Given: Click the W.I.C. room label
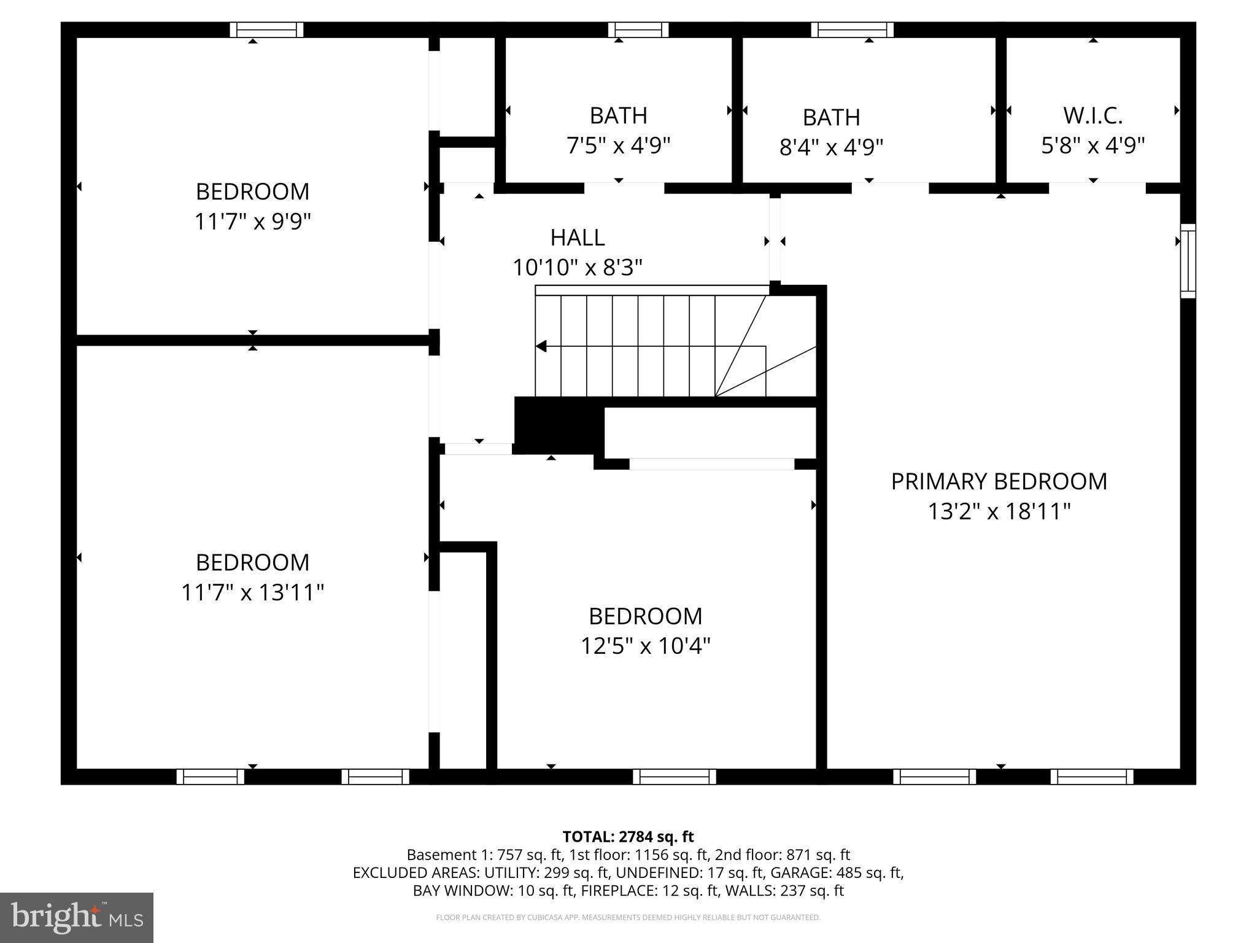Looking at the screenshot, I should pyautogui.click(x=1093, y=115).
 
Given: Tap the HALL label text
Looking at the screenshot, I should pyautogui.click(x=577, y=238).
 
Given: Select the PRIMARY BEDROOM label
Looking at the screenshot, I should pyautogui.click(x=999, y=481).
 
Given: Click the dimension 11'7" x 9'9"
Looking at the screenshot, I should pyautogui.click(x=252, y=221).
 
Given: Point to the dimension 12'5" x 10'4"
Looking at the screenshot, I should pyautogui.click(x=645, y=646).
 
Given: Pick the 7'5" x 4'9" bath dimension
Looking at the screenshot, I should pyautogui.click(x=618, y=146).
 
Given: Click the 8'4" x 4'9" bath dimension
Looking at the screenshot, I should pyautogui.click(x=831, y=147).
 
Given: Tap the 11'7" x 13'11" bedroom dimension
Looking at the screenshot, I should pyautogui.click(x=252, y=592).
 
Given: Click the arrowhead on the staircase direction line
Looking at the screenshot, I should pyautogui.click(x=541, y=346).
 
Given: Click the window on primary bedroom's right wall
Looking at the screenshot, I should pyautogui.click(x=1188, y=261).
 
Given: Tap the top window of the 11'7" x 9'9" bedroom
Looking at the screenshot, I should pyautogui.click(x=266, y=29).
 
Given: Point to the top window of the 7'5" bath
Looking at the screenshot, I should pyautogui.click(x=638, y=29).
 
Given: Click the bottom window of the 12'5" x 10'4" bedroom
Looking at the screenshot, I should pyautogui.click(x=674, y=777).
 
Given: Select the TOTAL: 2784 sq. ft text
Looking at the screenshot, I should pyautogui.click(x=628, y=837).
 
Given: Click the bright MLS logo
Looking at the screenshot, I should pyautogui.click(x=77, y=917).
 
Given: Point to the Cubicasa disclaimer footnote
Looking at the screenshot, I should pyautogui.click(x=628, y=918).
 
